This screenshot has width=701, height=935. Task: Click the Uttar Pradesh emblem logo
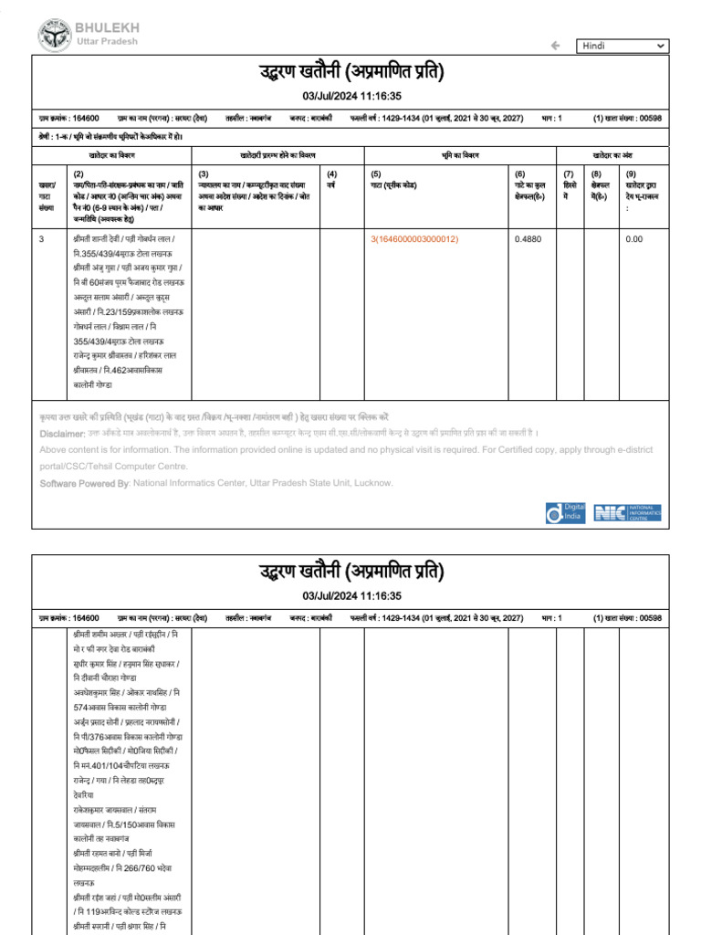coord(54,36)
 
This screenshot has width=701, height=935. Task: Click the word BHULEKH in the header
coord(109,28)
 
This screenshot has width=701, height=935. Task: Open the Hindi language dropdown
coord(623,46)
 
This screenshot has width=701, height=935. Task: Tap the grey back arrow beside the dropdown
coord(555,46)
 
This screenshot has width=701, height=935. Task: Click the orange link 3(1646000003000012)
coord(414,239)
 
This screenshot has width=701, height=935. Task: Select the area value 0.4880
coord(527,239)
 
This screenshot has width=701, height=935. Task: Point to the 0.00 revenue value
coord(633,239)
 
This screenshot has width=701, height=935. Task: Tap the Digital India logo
coord(565,512)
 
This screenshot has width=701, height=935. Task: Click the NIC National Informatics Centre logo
coord(627,512)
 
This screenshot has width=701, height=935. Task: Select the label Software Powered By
coord(85,483)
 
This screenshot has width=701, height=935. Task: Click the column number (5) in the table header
coord(375,173)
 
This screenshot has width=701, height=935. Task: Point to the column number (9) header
coord(630,173)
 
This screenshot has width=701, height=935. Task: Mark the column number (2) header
coord(78,173)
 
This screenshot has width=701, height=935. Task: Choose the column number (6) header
coord(520,173)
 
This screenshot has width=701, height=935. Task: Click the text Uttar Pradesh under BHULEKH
coord(107,42)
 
